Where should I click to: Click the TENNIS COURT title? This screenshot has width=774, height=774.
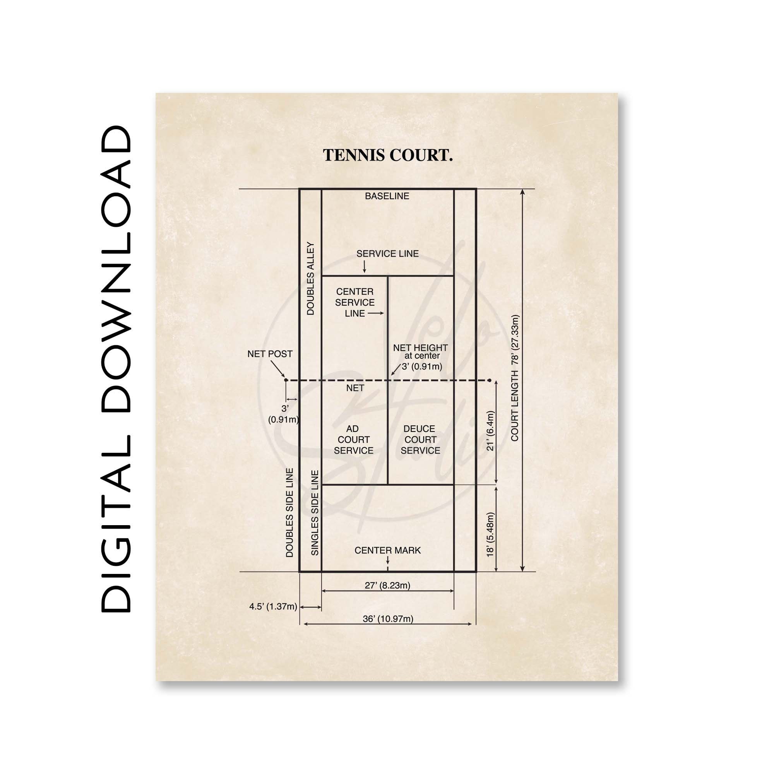[387, 156]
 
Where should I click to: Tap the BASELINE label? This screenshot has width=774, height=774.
[387, 196]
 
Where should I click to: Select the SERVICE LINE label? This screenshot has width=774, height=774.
[387, 253]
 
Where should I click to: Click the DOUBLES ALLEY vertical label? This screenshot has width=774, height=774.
[310, 278]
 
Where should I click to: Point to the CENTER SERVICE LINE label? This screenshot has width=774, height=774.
[355, 303]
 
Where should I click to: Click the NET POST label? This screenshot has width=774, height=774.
[270, 354]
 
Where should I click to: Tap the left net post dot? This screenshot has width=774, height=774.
[286, 380]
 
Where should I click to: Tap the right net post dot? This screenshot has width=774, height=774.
[490, 380]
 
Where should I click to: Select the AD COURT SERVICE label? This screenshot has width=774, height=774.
[353, 440]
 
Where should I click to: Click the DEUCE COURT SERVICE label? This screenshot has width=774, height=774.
[420, 440]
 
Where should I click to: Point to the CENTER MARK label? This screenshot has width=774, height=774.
[387, 550]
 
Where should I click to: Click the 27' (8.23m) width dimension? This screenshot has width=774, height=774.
[387, 585]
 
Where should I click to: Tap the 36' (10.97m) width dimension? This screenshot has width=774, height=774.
[388, 618]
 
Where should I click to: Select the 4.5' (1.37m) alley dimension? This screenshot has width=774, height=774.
[273, 606]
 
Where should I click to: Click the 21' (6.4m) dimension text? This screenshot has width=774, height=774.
[490, 431]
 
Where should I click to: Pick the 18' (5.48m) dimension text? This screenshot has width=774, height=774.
[490, 534]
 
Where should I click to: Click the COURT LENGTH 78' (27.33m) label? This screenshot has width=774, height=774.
[515, 378]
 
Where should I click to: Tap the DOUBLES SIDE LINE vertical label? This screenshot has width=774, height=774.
[289, 513]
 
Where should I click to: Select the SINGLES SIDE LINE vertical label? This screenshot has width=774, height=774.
[315, 513]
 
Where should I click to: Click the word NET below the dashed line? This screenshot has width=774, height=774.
[355, 388]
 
